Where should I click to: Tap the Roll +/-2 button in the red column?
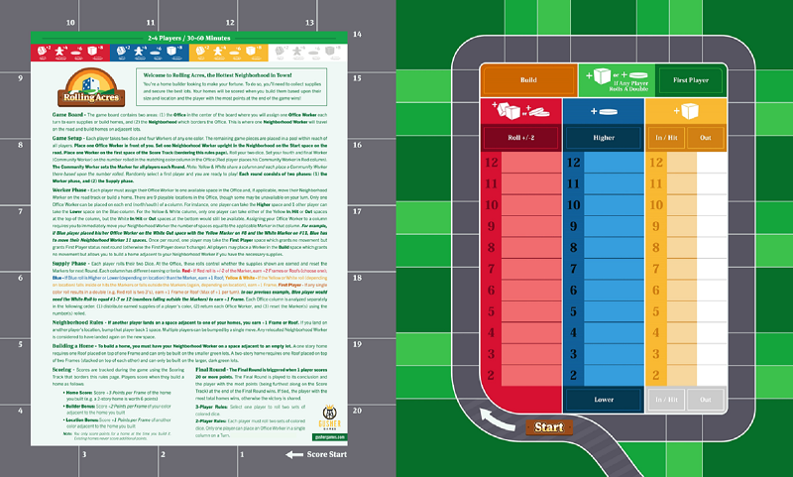[519, 139]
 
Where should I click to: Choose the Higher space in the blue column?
[603, 139]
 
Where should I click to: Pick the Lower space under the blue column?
[603, 399]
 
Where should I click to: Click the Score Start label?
[328, 455]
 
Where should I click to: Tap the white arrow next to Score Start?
[293, 455]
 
